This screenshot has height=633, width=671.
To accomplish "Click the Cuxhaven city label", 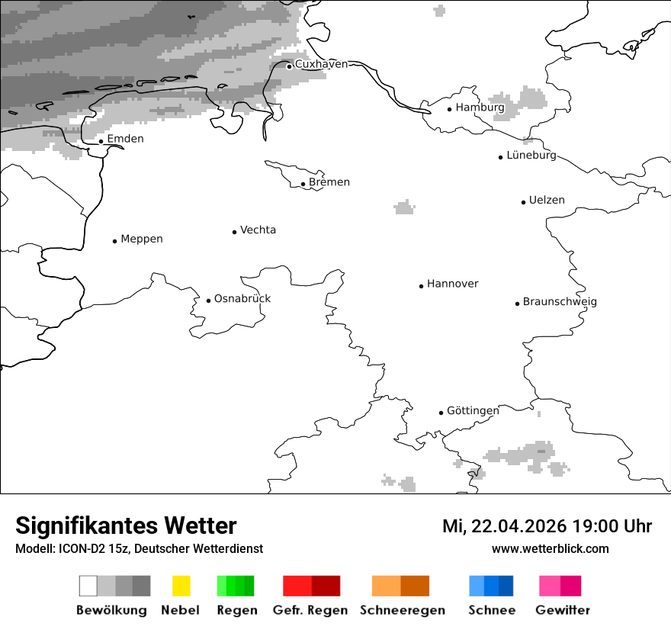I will click(x=321, y=64).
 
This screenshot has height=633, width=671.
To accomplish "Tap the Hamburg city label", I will click(x=480, y=108).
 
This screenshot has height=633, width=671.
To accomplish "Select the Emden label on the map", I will click(x=125, y=139).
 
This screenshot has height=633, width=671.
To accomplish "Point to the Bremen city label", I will click(x=329, y=182).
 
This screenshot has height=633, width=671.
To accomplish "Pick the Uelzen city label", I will click(x=547, y=201).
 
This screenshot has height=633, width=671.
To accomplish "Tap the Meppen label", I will click(x=142, y=239).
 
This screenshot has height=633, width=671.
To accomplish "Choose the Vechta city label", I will click(x=258, y=230).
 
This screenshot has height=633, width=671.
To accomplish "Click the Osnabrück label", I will click(x=242, y=298).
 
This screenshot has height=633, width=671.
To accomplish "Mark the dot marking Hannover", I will click(x=421, y=286).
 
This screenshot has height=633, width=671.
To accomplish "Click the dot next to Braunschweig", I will click(x=517, y=304).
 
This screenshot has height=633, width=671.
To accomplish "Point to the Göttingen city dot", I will click(x=441, y=413).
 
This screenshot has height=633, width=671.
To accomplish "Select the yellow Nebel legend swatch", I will click(x=181, y=586).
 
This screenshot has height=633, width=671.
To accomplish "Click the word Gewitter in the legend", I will click(x=563, y=610).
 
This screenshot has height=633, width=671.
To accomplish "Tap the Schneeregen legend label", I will click(x=402, y=610).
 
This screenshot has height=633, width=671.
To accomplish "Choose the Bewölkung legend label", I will click(x=111, y=610).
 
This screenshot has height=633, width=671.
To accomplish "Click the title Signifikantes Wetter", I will click(x=126, y=525).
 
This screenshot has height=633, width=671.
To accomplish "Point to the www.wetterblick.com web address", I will click(x=551, y=548).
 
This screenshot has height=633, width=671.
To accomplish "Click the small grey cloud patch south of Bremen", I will click(x=404, y=207).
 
